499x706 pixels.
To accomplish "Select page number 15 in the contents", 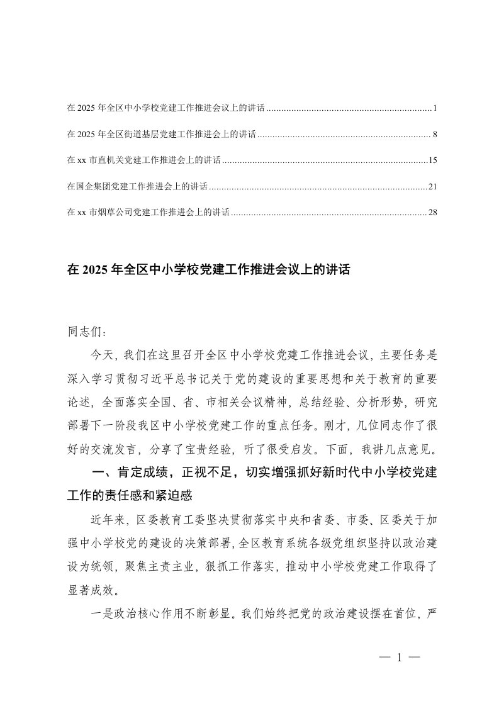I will point(432,161).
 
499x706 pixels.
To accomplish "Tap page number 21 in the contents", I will point(432,187).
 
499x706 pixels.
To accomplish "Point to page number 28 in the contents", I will point(432,213).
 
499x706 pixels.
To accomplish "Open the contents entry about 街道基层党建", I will point(161,135).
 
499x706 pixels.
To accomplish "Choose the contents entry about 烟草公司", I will point(149,213).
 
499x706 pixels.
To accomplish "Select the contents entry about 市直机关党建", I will point(143,161).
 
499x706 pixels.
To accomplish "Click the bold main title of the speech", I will point(208,271).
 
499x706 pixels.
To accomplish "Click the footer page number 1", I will point(400,659).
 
